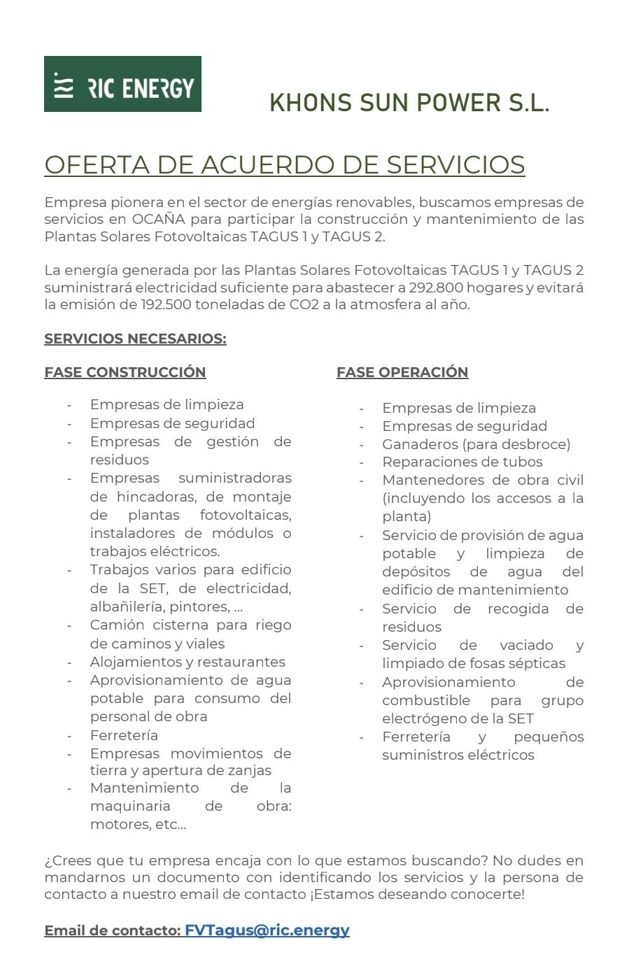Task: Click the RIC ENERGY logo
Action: point(122,84)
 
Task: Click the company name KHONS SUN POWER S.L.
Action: point(409,104)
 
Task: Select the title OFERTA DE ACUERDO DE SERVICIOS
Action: point(284,165)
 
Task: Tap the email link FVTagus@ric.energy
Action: point(267,930)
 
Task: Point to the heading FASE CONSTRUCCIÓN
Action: point(125,372)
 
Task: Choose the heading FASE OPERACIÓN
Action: point(402,372)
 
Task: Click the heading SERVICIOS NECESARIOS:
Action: point(135,339)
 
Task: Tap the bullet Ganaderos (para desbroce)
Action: point(476,444)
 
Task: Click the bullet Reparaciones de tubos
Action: point(462,462)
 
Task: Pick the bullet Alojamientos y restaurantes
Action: point(188,662)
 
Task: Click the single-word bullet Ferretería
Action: point(124,735)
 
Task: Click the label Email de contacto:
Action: point(112,931)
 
